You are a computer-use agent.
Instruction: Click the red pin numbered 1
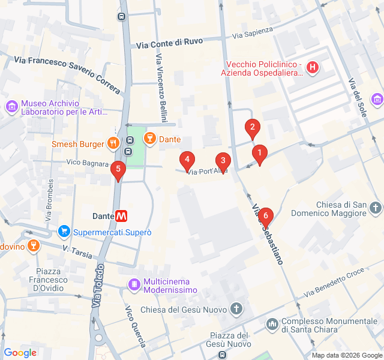pyautogui.click(x=259, y=154)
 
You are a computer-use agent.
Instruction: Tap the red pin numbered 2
pyautogui.click(x=252, y=127)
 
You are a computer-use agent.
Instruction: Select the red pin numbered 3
pyautogui.click(x=223, y=161)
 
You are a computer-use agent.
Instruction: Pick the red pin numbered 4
pyautogui.click(x=187, y=160)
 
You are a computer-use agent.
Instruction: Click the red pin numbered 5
pyautogui.click(x=118, y=170)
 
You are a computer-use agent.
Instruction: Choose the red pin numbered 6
pyautogui.click(x=265, y=216)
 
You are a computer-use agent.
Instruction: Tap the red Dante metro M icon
pyautogui.click(x=122, y=216)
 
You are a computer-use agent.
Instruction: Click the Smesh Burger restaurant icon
pyautogui.click(x=112, y=143)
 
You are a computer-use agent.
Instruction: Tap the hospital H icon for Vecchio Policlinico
pyautogui.click(x=313, y=67)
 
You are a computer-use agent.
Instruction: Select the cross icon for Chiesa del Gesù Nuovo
pyautogui.click(x=236, y=310)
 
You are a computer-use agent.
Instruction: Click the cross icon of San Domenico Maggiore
pyautogui.click(x=376, y=208)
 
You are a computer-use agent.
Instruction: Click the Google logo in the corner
pyautogui.click(x=20, y=353)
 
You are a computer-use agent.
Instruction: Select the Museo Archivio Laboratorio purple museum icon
pyautogui.click(x=11, y=107)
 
